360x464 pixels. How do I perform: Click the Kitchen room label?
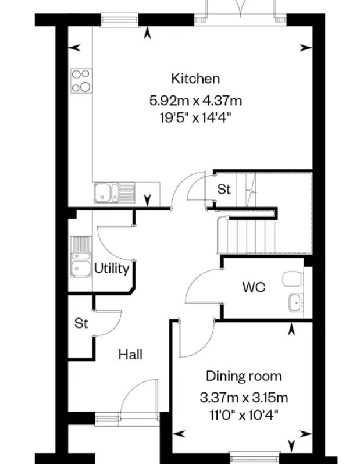(x=195, y=78)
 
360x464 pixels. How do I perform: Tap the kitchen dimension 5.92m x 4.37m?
(x=195, y=101)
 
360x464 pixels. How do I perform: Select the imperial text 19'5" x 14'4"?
(x=195, y=118)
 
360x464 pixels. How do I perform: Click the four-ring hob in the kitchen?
(x=81, y=80)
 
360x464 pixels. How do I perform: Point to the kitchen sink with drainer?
(x=114, y=192)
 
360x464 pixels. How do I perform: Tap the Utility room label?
(x=112, y=269)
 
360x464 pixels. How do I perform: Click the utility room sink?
(x=81, y=256)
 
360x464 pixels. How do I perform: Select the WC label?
(x=254, y=287)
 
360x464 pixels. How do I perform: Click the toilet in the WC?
(x=293, y=279)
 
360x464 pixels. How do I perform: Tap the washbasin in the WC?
(x=296, y=302)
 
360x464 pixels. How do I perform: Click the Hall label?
(x=130, y=355)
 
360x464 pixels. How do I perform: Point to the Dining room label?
(x=244, y=376)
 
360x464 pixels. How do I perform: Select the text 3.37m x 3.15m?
(x=244, y=398)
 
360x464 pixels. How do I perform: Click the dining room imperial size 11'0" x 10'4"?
(x=244, y=416)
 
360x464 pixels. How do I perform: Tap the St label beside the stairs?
(x=223, y=190)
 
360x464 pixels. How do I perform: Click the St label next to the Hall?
(x=81, y=323)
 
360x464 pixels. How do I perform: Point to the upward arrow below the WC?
(x=291, y=330)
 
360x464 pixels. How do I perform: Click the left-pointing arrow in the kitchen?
(x=74, y=47)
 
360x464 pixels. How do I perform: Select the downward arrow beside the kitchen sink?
(x=148, y=200)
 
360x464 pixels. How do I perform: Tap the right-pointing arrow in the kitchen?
(x=306, y=47)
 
